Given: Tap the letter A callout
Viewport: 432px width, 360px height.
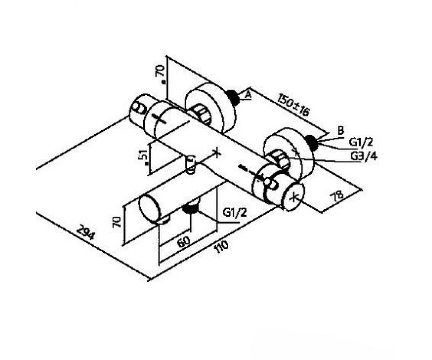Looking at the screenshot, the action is tap(248, 95).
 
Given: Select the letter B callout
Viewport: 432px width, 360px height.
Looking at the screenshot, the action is tap(341, 131).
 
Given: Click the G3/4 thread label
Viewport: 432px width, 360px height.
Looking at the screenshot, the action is tap(364, 156).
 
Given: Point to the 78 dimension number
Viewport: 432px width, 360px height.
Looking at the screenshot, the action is tap(337, 195).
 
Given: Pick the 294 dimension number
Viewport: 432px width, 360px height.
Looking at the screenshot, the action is tap(85, 233).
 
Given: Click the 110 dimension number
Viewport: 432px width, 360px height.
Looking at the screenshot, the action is tap(222, 247).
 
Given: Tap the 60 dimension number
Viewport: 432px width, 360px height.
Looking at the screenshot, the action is tap(184, 242).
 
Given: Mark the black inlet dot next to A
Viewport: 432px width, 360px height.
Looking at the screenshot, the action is tap(233, 97).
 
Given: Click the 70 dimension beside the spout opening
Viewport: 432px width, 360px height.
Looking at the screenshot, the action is tap(117, 222).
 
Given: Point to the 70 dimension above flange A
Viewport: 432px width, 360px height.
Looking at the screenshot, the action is tap(160, 71).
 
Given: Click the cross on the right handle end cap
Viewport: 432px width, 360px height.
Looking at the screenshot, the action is tap(294, 198).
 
